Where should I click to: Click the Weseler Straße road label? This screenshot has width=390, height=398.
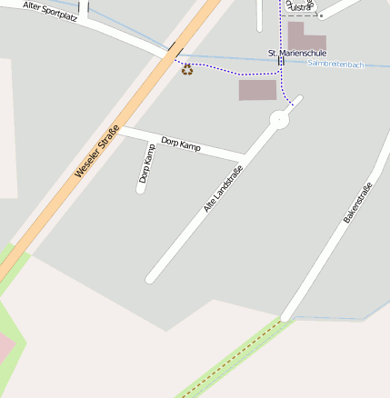(x=97, y=151)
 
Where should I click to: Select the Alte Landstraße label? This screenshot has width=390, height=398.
(x=223, y=190)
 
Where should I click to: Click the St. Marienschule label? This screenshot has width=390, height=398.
(x=296, y=54)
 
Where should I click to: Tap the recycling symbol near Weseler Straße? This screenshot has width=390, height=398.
(x=187, y=69)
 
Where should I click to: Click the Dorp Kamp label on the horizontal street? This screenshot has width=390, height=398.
(x=180, y=144)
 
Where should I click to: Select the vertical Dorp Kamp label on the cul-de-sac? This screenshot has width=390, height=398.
(x=147, y=164)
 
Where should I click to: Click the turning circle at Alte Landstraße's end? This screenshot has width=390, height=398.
(x=279, y=119)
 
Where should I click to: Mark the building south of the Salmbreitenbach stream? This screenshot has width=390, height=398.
(x=257, y=90)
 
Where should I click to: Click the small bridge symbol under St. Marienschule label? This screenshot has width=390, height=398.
(x=281, y=62)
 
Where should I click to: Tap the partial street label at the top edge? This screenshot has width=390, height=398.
(x=299, y=6)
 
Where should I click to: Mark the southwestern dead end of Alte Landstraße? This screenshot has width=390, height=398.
(x=151, y=278)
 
